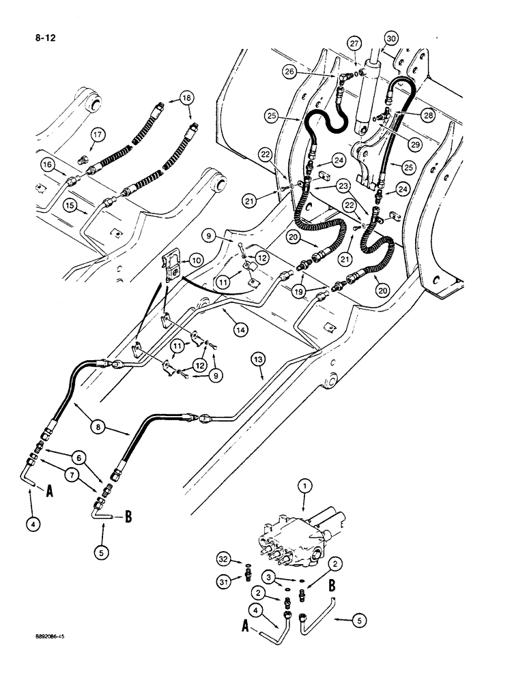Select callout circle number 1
pos(305,486)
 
